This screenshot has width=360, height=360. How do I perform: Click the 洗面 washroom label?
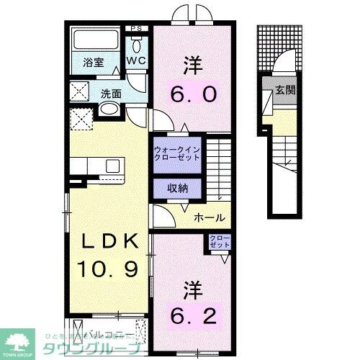point(110,93)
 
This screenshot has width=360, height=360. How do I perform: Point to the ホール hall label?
point(210,217)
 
